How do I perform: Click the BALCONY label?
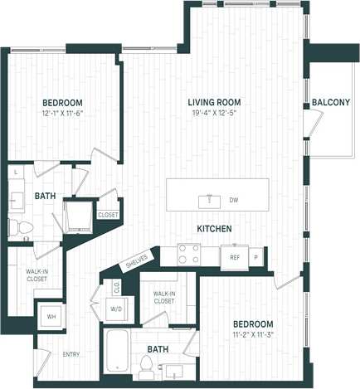click(330, 102)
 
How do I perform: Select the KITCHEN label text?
click(213, 228)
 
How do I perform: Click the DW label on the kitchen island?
click(234, 200)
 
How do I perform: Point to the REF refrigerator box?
click(234, 256)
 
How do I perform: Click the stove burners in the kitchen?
click(188, 255)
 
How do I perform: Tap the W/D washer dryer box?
click(116, 309)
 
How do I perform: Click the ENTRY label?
click(71, 354)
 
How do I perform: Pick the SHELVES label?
click(137, 263)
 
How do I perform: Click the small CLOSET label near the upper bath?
click(108, 215)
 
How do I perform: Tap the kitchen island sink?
click(210, 199)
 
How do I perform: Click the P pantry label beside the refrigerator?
click(255, 257)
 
